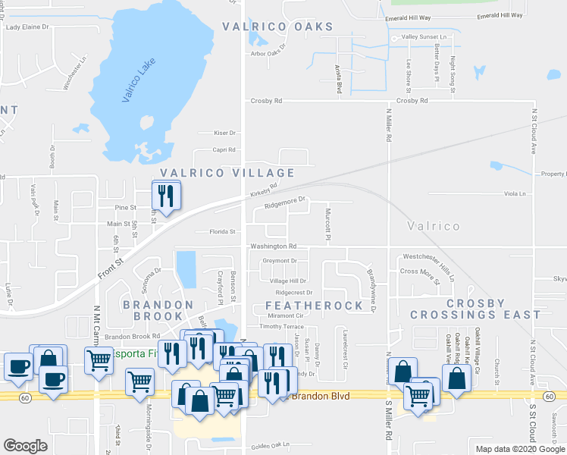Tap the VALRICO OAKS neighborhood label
point(277,27)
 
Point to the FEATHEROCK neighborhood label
point(315,305)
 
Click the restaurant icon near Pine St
point(165,196)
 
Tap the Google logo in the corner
point(25,446)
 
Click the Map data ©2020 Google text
point(519,449)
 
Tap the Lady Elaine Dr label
point(27,27)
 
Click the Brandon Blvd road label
point(314,396)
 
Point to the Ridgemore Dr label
point(285,203)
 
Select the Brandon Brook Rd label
point(133,336)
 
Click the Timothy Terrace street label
point(281,326)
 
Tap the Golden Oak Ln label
point(271,444)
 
